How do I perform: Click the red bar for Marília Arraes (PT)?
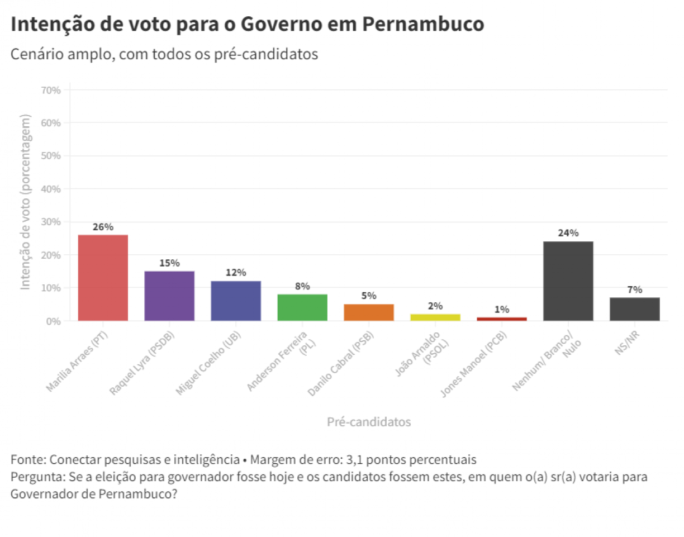click(x=103, y=278)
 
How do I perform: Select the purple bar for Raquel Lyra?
click(x=169, y=296)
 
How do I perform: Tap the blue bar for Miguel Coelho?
click(x=236, y=301)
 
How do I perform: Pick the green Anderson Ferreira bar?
click(x=302, y=307)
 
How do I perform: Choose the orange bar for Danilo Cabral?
click(x=369, y=312)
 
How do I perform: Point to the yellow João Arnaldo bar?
click(x=435, y=317)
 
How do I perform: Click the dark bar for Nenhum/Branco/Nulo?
click(x=568, y=281)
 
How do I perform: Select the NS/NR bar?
click(x=635, y=309)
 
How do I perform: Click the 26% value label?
click(x=103, y=227)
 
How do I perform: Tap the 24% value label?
click(x=568, y=233)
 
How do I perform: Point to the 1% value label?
click(x=502, y=309)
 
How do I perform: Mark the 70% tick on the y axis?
click(x=50, y=90)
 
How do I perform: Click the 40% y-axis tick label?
click(x=50, y=189)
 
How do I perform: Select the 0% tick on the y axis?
click(x=53, y=321)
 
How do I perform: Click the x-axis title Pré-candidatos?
click(x=369, y=422)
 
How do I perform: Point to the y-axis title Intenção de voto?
click(x=25, y=202)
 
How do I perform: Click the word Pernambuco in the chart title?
click(x=422, y=25)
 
